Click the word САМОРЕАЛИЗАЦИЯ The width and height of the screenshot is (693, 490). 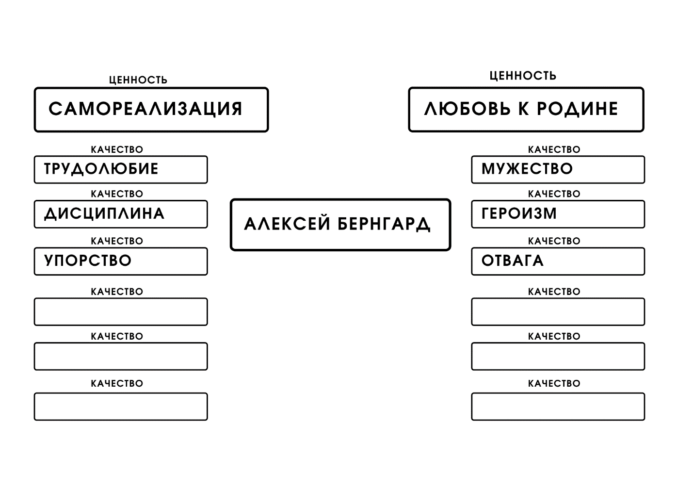[145, 109]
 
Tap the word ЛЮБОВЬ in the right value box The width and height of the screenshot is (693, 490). [467, 109]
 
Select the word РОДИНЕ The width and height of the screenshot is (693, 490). [577, 109]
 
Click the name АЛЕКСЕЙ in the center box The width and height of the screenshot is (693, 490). [287, 224]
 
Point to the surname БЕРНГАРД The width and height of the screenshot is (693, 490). [384, 224]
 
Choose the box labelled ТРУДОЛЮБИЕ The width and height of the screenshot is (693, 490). [121, 170]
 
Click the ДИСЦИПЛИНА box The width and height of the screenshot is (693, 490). [121, 214]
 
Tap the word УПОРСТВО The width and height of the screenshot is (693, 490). [88, 261]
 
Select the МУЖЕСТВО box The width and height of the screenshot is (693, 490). [558, 170]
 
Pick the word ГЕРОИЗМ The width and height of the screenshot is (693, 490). [519, 213]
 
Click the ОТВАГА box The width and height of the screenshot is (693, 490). [558, 261]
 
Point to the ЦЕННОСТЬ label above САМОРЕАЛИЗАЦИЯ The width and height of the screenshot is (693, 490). [138, 80]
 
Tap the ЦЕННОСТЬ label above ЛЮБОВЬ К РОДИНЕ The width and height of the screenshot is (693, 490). [523, 76]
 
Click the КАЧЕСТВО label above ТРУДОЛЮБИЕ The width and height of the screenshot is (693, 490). [117, 149]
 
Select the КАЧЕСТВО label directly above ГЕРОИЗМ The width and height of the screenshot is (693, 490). [554, 194]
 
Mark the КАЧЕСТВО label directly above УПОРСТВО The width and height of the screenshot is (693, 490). [117, 241]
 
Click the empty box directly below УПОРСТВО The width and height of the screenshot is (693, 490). [121, 311]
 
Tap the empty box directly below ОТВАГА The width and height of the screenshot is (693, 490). [558, 311]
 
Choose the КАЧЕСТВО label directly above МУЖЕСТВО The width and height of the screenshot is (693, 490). [554, 149]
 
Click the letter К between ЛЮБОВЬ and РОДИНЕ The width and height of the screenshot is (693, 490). [523, 109]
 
